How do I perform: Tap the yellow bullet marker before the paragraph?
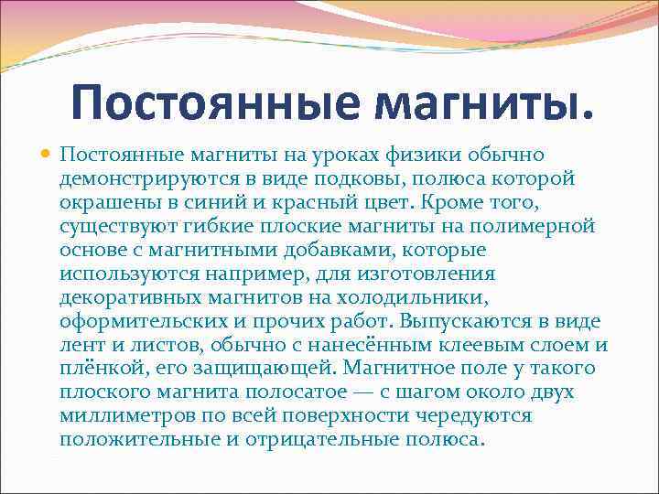click(x=45, y=155)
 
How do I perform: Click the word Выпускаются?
click(x=454, y=321)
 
